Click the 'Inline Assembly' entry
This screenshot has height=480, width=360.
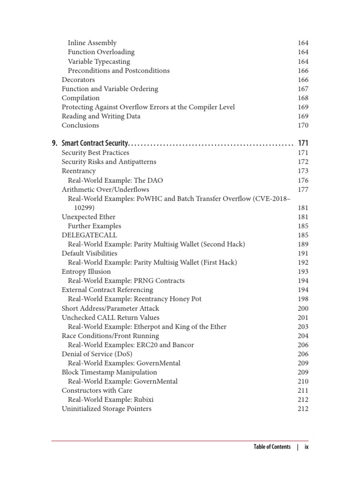point(92,43)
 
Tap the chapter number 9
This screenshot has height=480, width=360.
point(54,143)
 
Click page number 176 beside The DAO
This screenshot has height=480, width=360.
point(303,180)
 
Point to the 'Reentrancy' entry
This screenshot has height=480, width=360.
point(78,171)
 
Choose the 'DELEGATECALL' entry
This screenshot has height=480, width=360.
point(89,235)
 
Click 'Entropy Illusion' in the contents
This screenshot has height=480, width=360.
point(86,272)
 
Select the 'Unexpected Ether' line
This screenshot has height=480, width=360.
point(89,217)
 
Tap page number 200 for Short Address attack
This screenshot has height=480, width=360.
point(303,308)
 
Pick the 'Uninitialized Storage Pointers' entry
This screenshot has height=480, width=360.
point(106,409)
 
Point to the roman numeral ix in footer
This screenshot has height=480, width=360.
point(307,447)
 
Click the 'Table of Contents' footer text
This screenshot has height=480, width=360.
point(272,447)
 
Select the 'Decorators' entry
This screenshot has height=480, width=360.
point(78,80)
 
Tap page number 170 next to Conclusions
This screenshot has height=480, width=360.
point(303,126)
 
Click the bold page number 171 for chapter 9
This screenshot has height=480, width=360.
point(303,143)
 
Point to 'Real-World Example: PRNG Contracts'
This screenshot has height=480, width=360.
point(126,281)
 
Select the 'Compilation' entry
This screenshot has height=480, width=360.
point(81,98)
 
